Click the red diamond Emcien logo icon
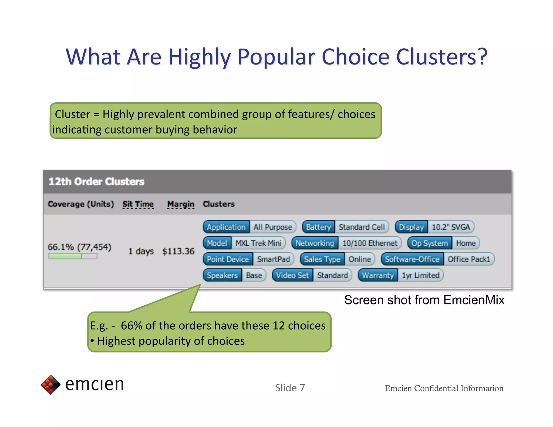[x=50, y=384]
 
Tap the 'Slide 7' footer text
[x=290, y=388]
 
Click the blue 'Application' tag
[x=226, y=227]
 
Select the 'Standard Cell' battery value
[x=362, y=227]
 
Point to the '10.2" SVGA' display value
[x=450, y=227]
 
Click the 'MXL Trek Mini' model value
[x=258, y=243]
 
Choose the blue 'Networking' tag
[x=315, y=243]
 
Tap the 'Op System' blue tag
[x=429, y=243]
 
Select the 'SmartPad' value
[x=273, y=259]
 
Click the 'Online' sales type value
[x=359, y=259]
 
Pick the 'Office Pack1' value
[x=468, y=259]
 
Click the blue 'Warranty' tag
[x=377, y=275]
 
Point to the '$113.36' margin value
[x=178, y=251]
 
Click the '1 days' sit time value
[x=141, y=251]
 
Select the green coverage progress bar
[x=73, y=256]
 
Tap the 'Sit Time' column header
[x=138, y=204]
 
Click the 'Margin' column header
[x=181, y=204]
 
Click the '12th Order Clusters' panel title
[x=96, y=182]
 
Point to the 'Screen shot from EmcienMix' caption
[x=424, y=300]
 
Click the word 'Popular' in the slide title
[x=276, y=57]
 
